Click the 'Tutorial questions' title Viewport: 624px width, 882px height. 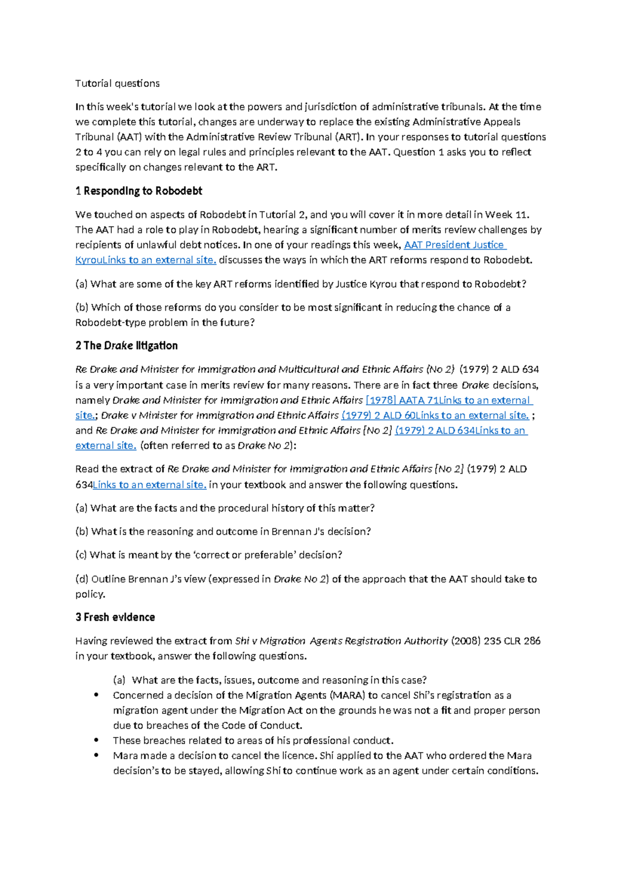(x=117, y=83)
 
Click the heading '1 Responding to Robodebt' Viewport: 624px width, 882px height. (x=138, y=191)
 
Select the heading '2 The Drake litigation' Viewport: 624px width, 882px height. (x=126, y=346)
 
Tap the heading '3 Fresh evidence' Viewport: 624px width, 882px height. (x=115, y=617)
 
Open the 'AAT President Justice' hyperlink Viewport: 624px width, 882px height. (x=454, y=245)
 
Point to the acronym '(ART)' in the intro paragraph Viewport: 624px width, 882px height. (x=348, y=137)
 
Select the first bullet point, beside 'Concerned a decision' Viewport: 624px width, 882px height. (x=96, y=695)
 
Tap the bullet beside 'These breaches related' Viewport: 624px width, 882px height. (x=96, y=741)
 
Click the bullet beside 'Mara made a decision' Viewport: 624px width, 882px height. (x=96, y=756)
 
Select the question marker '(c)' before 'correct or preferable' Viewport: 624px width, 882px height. (x=81, y=555)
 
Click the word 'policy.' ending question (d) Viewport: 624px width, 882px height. (x=90, y=594)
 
